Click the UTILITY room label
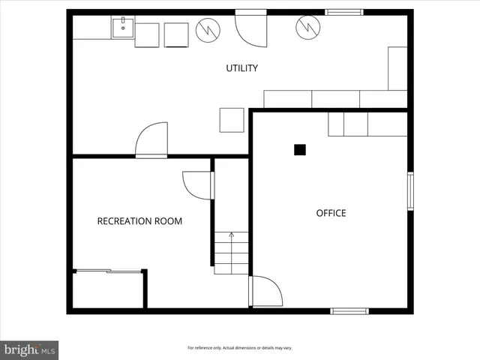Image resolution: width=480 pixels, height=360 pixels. tap(241, 68)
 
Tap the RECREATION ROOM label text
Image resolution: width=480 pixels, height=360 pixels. tap(139, 221)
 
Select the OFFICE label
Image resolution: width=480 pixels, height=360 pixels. tap(331, 213)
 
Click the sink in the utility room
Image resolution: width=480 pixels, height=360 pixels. tap(122, 29)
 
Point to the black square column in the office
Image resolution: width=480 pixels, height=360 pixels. tap(300, 149)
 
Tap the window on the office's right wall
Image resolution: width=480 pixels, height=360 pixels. tap(410, 191)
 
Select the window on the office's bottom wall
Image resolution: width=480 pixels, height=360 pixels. tap(349, 310)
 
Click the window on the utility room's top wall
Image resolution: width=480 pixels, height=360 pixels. tap(344, 12)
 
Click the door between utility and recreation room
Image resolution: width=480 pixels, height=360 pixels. tap(151, 140)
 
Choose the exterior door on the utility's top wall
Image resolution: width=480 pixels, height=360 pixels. tap(252, 28)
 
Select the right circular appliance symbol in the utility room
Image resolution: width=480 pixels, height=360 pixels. tap(306, 27)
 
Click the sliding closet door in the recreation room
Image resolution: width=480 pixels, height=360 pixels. tap(109, 271)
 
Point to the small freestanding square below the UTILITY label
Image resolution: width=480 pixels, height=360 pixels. tap(232, 120)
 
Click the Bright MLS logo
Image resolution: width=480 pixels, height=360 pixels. tap(29, 349)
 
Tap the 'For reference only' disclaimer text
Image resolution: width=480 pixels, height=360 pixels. tap(240, 348)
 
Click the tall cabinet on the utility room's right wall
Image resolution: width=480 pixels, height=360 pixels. tap(397, 69)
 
